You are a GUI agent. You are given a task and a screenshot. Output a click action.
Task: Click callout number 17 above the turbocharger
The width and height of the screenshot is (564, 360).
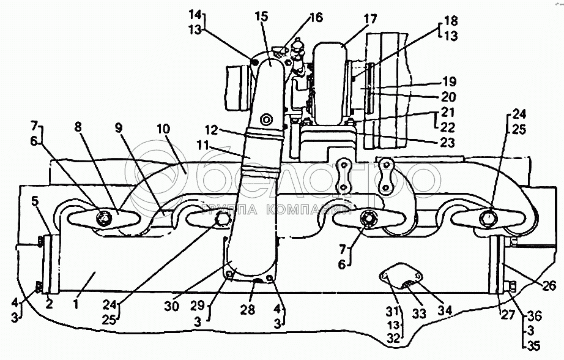click(369, 19)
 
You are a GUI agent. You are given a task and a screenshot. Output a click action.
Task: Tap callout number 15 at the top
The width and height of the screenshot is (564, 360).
click(262, 17)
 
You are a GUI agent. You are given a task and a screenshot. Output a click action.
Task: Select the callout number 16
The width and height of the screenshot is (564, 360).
click(316, 17)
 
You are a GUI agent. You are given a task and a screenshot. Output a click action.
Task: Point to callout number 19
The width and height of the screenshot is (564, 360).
click(449, 81)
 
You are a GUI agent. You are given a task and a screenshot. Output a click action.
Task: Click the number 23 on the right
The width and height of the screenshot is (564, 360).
click(447, 143)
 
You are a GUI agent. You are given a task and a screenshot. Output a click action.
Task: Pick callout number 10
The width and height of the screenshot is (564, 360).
click(163, 129)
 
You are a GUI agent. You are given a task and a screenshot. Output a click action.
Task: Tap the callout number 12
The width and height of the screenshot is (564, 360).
click(212, 130)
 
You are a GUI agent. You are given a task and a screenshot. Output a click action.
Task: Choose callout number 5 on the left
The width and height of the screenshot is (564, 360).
click(34, 201)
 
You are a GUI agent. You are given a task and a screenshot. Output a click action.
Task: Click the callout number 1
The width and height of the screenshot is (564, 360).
click(75, 304)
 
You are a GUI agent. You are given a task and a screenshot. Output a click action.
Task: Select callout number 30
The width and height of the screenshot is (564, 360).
click(171, 306)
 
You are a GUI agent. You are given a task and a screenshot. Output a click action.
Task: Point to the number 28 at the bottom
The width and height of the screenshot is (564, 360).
click(248, 310)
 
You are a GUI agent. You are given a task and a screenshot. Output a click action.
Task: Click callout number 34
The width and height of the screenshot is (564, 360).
click(444, 310)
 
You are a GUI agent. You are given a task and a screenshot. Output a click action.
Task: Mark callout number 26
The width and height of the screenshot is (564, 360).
click(549, 285)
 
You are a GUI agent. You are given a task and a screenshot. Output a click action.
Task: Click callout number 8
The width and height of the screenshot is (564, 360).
click(78, 127)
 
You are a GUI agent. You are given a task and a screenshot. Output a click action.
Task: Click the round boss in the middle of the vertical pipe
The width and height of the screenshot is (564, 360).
click(267, 119)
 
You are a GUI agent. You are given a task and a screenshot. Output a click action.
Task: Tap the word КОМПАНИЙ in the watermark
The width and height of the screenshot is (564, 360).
click(309, 209)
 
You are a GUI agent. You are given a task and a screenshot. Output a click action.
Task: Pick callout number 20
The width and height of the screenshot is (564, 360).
click(449, 97)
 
